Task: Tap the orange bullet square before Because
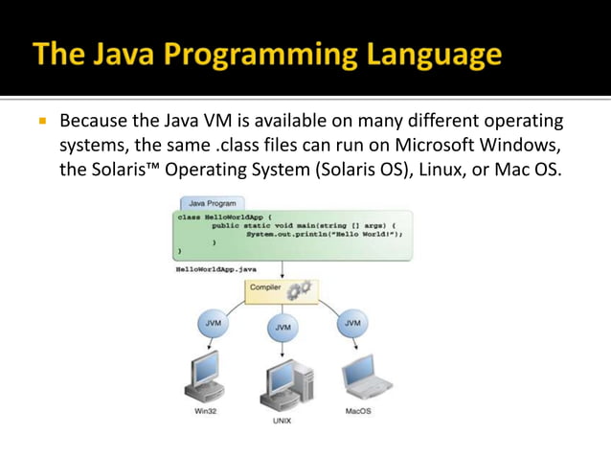(42, 124)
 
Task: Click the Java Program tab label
(210, 204)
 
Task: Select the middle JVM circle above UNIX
(283, 327)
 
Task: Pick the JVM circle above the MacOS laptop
(352, 324)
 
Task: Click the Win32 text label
(205, 412)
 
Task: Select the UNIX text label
(283, 420)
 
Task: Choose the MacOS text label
(358, 412)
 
